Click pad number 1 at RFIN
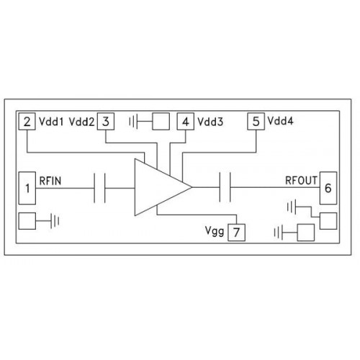(27, 188)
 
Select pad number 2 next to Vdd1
(27, 122)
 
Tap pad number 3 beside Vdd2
(106, 122)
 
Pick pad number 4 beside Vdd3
(186, 122)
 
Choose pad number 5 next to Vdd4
(256, 122)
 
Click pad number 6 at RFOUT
(328, 188)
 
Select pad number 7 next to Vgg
(236, 233)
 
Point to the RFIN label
(50, 181)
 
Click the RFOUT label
(301, 181)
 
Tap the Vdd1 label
(51, 122)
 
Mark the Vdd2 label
(81, 122)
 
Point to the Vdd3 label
(210, 122)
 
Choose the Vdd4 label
(280, 121)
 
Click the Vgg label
(215, 231)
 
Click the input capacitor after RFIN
(99, 188)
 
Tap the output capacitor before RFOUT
(225, 187)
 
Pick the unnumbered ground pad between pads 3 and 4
(161, 122)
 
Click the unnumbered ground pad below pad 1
(27, 221)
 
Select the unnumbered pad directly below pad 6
(328, 221)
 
